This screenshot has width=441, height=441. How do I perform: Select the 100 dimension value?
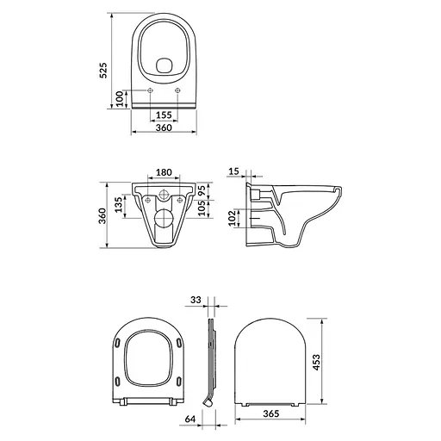tap(121, 98)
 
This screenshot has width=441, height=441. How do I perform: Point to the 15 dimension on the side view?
tap(236, 172)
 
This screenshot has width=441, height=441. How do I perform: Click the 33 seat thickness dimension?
tap(196, 301)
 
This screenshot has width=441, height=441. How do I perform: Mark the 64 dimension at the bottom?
tap(191, 419)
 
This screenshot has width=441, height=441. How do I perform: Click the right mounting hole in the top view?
tap(178, 92)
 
